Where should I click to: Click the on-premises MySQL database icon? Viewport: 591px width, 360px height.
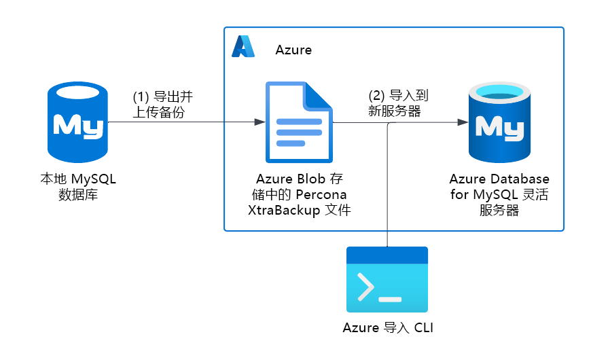coord(77,123)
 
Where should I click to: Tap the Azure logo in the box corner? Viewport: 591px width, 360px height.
coord(243,46)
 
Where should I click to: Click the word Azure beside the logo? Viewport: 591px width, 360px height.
coord(293,50)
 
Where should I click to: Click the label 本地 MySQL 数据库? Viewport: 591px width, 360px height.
coord(78,187)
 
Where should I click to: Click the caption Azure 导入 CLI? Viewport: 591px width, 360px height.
coord(387,328)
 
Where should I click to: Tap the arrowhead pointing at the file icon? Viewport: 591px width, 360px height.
coord(259,122)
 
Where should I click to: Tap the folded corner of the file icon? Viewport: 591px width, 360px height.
coord(319,96)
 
